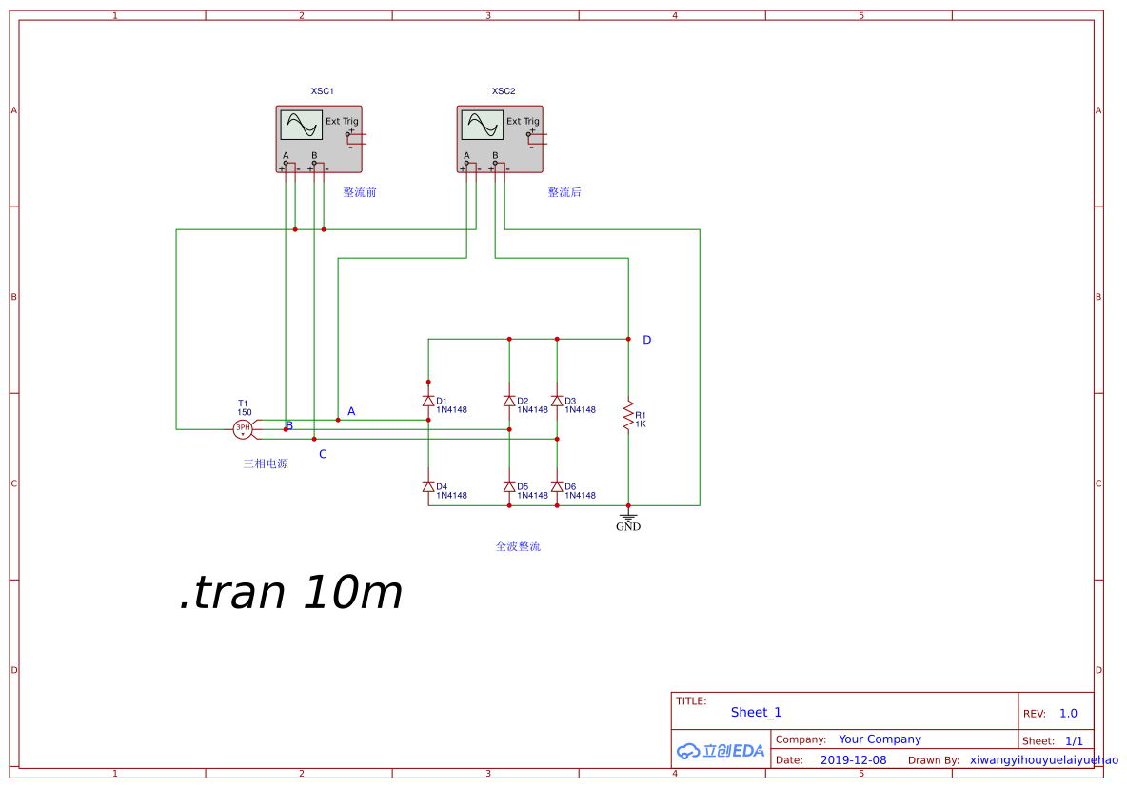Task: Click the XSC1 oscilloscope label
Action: (x=322, y=91)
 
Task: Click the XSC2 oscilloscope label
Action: (x=504, y=91)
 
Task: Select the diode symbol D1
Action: (x=428, y=401)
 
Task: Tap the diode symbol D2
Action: (x=509, y=401)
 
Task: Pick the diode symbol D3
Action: (x=557, y=401)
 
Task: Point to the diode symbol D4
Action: (x=428, y=486)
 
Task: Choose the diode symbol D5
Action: (x=509, y=486)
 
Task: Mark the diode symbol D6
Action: (x=557, y=486)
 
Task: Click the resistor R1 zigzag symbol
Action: (x=628, y=415)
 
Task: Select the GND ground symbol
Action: (x=628, y=518)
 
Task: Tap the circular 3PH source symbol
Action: (x=243, y=429)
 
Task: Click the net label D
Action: (x=647, y=340)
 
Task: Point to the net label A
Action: (x=351, y=411)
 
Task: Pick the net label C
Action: (x=323, y=454)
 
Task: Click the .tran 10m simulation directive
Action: (x=290, y=593)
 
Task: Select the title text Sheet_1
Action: (x=756, y=712)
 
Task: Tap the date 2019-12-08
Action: (x=853, y=760)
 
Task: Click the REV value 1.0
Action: (x=1068, y=714)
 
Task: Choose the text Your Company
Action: (x=880, y=739)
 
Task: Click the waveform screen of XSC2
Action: (x=483, y=125)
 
